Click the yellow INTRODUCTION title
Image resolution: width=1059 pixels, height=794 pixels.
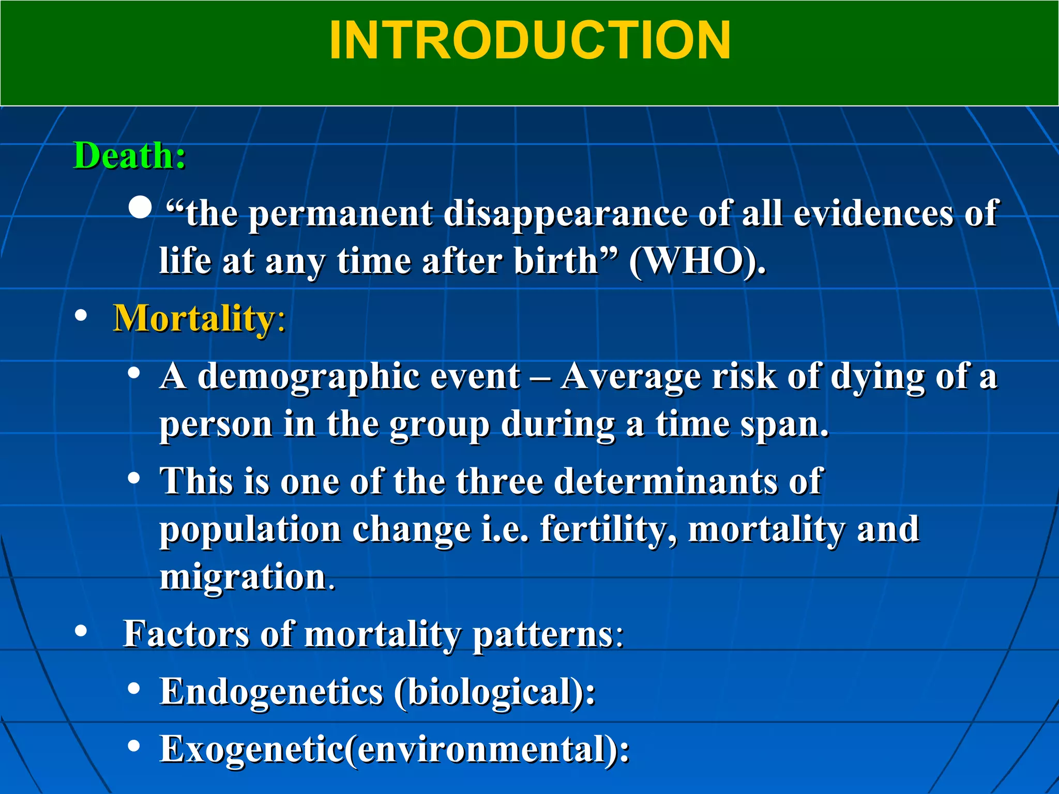(x=529, y=41)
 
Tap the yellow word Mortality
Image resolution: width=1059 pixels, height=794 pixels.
(x=194, y=318)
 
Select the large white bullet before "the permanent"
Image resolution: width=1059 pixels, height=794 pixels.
(x=140, y=208)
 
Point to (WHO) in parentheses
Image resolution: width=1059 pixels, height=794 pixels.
(x=697, y=261)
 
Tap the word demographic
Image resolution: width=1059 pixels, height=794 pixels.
(x=307, y=376)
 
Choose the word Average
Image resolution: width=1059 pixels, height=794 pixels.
(x=631, y=376)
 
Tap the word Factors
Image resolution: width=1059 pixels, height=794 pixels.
(x=186, y=634)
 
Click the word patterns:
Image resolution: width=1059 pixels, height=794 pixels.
(x=548, y=635)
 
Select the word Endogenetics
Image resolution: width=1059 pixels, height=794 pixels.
(x=271, y=692)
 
